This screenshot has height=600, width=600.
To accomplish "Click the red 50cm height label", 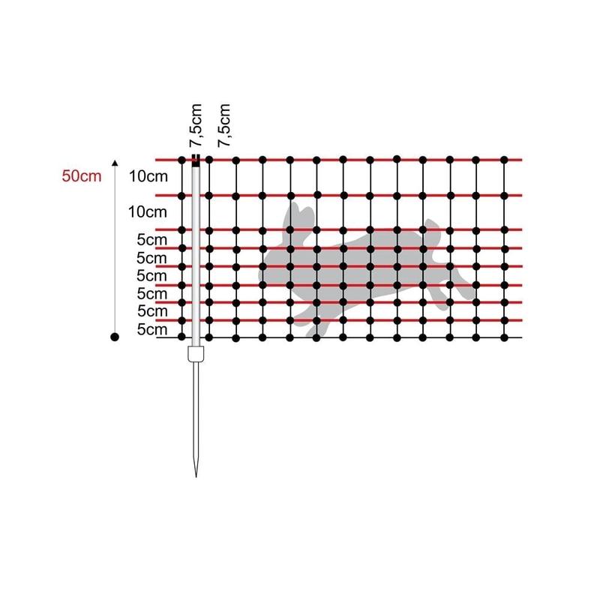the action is pos(82,176).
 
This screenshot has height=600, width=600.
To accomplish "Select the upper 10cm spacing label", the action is pos(148,176).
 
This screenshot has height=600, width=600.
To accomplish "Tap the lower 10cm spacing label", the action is pos(147,212).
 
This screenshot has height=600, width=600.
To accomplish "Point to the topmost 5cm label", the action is pos(152,240).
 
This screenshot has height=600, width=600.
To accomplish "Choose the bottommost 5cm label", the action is pos(152,329).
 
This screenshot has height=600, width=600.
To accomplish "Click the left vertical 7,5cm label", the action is pos(196,125).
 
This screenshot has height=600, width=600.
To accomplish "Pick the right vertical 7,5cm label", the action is pos(224,125).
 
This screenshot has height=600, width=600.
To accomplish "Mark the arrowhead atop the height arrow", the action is pos(115,163).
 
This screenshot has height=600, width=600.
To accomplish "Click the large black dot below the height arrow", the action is pos(115,337).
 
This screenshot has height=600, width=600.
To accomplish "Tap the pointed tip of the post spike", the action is pos(196,476).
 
